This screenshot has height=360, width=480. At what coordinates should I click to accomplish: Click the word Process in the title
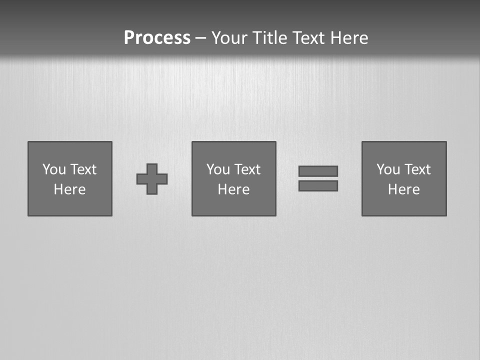click(x=157, y=38)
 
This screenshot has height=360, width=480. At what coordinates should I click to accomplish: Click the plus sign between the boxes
click(x=152, y=179)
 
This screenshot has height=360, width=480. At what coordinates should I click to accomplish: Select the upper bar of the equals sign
click(x=318, y=171)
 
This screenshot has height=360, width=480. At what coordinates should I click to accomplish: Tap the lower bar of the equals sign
click(x=318, y=185)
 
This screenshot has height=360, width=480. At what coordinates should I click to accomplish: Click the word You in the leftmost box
click(x=54, y=169)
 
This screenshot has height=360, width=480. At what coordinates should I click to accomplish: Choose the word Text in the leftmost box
click(x=83, y=169)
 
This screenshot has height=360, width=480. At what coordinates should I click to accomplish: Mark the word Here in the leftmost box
click(x=69, y=189)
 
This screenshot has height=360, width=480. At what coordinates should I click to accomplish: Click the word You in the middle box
click(x=218, y=169)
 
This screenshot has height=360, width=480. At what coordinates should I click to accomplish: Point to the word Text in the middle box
click(x=247, y=169)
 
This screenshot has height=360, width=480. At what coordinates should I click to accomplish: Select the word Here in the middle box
click(x=233, y=189)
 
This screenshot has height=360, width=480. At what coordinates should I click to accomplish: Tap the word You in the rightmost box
click(x=388, y=169)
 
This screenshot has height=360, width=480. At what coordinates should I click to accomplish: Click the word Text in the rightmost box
click(x=417, y=169)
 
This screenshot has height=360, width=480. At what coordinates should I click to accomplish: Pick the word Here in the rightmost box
click(x=403, y=189)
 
